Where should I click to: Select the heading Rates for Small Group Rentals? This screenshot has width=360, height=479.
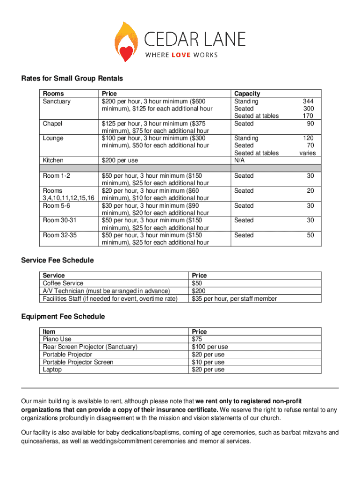72,79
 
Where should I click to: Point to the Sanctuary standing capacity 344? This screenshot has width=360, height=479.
308,101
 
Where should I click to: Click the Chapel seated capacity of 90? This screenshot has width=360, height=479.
310,123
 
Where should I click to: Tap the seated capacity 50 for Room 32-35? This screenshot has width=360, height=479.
310,235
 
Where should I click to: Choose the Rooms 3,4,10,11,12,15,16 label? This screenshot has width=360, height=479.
68,194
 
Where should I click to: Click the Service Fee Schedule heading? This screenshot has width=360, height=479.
57,260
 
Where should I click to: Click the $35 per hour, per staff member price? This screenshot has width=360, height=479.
234,299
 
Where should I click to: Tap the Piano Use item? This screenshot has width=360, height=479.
57,339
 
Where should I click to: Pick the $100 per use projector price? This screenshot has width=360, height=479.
209,347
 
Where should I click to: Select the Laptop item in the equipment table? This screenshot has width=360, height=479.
52,370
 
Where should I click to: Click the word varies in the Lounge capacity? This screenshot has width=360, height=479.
307,153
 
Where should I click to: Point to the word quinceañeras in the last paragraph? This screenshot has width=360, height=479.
41,441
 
